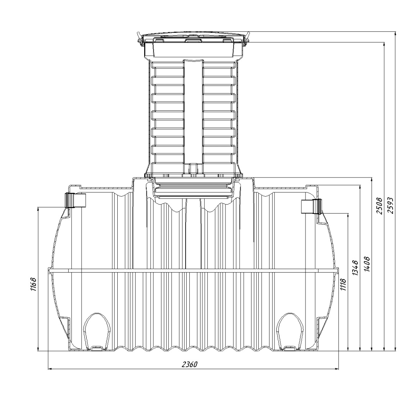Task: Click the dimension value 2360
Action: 189,365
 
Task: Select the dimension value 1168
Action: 33,284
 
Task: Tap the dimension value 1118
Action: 343,284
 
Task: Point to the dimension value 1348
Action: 355,268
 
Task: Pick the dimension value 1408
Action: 367,264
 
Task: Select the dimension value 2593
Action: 391,205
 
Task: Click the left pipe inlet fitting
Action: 76,200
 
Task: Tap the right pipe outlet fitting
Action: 312,207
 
